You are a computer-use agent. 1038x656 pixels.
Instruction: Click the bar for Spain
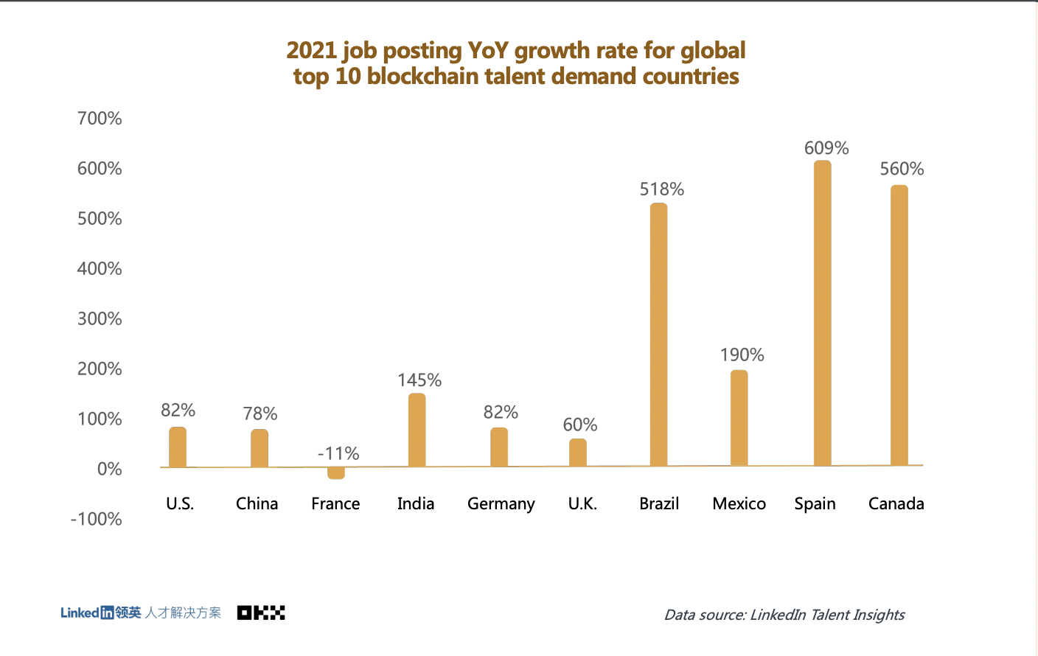point(822,313)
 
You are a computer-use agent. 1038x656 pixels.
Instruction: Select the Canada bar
point(899,325)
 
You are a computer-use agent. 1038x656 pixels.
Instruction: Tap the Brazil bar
point(658,335)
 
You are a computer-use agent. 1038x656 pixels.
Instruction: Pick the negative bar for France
point(336,473)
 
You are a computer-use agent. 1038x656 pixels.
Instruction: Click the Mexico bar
point(739,418)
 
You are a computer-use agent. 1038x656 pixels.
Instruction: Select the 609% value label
point(826,148)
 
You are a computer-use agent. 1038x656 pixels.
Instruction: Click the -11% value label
point(338,453)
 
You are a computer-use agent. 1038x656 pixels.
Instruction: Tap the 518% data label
point(661,189)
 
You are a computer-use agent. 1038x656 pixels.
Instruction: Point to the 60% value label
point(580,425)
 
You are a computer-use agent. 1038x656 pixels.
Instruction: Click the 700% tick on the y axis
point(100,119)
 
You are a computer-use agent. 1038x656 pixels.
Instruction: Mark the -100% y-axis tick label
point(96,519)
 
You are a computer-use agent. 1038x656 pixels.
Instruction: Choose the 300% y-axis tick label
point(100,319)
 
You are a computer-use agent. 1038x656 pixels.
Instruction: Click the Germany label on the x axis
point(501,504)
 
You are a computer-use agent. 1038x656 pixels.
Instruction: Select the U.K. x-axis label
point(582,504)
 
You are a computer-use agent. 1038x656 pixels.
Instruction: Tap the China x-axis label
point(257,504)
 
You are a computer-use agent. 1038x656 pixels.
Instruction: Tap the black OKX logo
point(261,613)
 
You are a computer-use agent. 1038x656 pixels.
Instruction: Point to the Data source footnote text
point(784,615)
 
